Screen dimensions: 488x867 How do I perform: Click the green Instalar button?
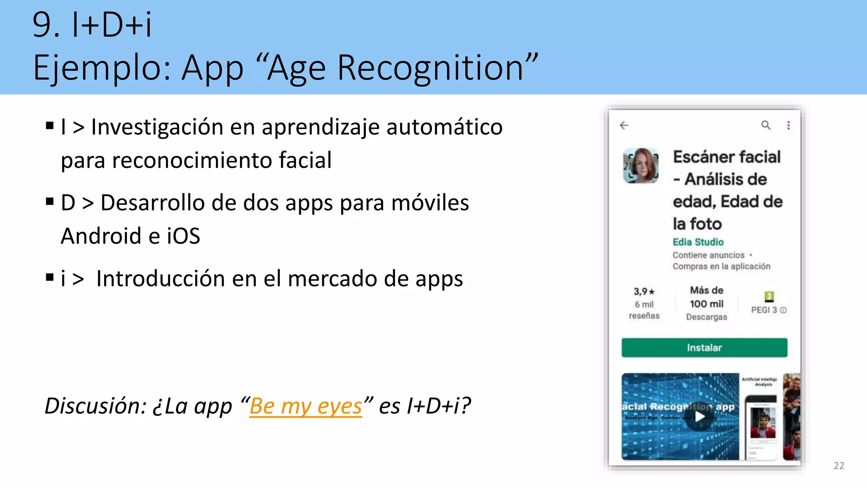(704, 348)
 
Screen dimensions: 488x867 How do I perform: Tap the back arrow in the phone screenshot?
(624, 125)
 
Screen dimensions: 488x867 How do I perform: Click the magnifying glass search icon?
(766, 125)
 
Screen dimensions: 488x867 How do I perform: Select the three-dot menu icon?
(788, 125)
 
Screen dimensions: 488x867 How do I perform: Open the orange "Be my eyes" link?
(306, 406)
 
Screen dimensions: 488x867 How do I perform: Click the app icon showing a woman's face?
(641, 166)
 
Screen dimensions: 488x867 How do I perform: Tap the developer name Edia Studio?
(698, 242)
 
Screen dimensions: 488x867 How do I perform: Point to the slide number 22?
(839, 466)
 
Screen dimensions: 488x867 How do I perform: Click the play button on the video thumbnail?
(700, 417)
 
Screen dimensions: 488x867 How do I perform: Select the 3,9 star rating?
(644, 291)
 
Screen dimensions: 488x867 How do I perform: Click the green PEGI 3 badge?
(769, 296)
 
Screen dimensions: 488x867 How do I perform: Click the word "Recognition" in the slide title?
(431, 68)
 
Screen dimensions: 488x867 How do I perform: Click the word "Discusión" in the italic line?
(95, 406)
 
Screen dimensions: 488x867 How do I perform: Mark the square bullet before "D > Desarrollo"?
(50, 202)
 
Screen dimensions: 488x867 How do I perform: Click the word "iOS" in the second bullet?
(183, 236)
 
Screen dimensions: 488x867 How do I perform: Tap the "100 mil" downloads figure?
(707, 304)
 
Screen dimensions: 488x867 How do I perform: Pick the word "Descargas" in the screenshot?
(707, 317)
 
